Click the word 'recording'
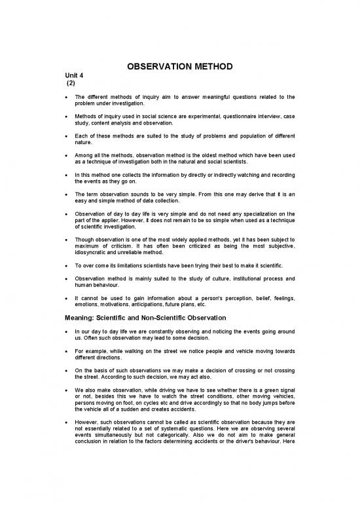[x=279, y=175]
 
